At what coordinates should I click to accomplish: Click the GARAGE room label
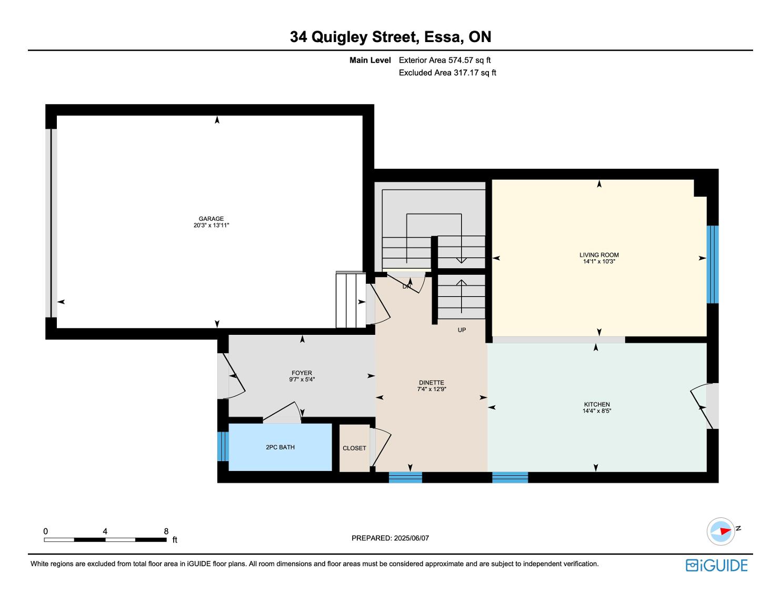212,219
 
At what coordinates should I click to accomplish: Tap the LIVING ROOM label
599,255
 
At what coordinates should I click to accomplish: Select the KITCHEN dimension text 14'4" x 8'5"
597,411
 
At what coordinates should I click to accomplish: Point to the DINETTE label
432,383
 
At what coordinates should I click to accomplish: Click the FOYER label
302,373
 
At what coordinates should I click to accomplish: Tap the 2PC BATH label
281,447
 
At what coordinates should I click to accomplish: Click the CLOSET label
354,448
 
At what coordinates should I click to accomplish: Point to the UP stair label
462,330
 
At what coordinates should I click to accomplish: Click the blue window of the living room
713,264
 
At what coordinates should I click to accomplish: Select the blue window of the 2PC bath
223,446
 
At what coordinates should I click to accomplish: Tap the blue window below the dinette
405,477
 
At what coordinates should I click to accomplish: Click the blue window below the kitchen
510,477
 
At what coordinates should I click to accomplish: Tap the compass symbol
721,532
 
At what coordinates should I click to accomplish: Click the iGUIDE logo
717,566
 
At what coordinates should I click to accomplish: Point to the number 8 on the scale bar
166,531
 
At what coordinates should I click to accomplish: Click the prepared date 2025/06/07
412,538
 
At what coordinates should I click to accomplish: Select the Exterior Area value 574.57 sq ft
469,60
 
